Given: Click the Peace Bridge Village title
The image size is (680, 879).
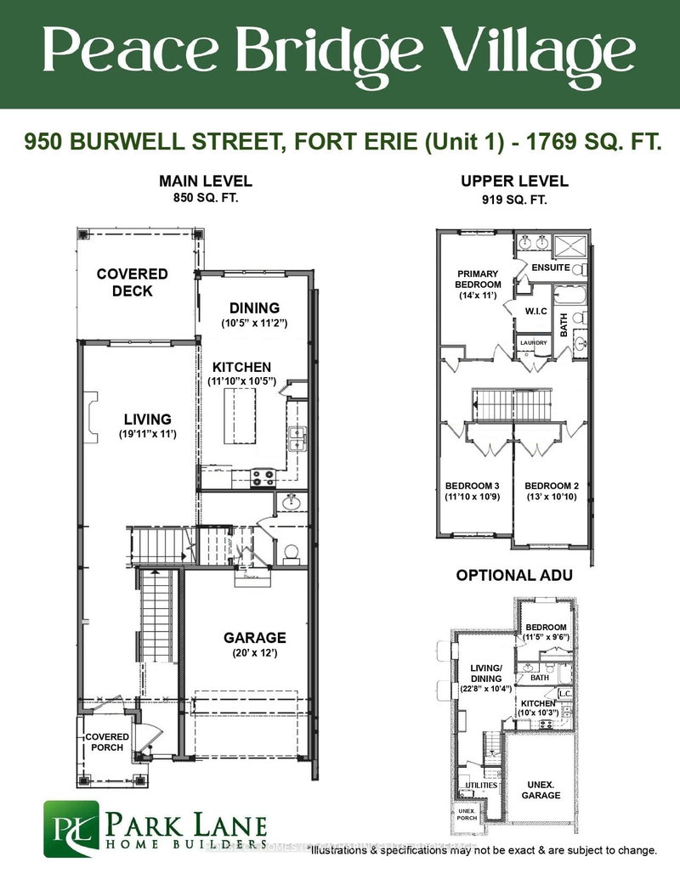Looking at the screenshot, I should point(340,53).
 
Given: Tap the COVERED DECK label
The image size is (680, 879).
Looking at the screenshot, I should point(132,283).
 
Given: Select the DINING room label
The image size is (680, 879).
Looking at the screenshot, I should point(254,307).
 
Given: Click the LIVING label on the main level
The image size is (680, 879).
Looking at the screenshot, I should point(147,420).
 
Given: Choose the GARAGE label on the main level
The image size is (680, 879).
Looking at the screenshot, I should point(254,638).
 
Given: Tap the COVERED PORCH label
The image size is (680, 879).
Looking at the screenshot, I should point(107,741).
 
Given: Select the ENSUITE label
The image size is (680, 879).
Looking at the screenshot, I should point(550,268).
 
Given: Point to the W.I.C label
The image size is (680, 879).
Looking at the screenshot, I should point(536,311).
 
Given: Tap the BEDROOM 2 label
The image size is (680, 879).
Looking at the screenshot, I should point(552,486).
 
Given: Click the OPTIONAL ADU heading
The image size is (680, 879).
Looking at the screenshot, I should point(514,575).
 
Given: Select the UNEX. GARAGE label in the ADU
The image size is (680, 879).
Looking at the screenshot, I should point(541,789).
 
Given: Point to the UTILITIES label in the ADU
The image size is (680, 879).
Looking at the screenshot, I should point(481,785).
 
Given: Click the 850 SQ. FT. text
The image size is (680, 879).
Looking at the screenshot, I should point(206,200).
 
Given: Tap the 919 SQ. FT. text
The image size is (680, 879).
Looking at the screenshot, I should point(514,200).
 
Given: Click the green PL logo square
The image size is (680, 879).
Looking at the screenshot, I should point(71,828).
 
